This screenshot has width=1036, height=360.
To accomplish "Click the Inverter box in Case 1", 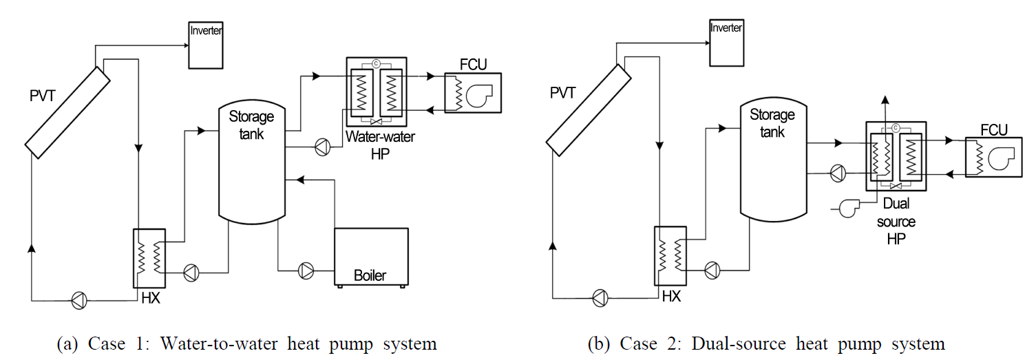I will point(206,45).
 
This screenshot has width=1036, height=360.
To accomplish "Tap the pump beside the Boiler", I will point(306,271).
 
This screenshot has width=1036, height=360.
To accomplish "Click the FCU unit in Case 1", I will point(472,93).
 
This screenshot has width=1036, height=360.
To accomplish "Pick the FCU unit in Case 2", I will point(994,158).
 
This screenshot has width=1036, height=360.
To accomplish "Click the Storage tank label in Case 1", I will point(251,125).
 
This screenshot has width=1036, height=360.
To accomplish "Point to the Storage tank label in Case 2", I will point(772,123).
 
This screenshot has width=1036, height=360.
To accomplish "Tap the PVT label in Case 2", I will point(562,92).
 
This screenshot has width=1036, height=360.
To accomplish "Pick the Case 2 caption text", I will point(766,343).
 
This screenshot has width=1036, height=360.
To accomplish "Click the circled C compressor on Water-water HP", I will point(376,64).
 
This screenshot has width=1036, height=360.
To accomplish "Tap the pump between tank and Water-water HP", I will point(321,146).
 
